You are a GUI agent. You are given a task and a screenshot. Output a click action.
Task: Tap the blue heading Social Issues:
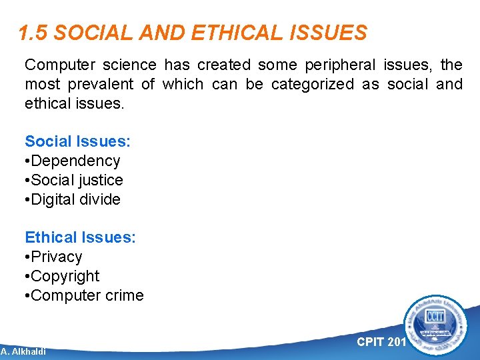(77, 141)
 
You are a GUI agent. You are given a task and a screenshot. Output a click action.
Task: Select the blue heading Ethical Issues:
(80, 237)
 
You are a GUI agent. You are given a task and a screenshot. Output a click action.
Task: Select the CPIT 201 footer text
(381, 342)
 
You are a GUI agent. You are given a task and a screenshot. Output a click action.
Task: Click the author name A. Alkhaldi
(23, 351)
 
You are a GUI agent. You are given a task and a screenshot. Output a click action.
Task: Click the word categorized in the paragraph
(311, 85)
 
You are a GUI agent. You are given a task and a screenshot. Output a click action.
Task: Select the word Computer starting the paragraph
(57, 65)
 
